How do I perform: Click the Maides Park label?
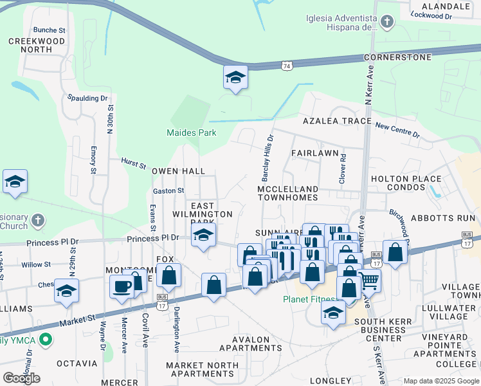coord(192,133)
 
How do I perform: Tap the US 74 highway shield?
coord(287,66)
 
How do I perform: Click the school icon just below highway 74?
coord(235,78)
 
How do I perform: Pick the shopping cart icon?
coord(369,280)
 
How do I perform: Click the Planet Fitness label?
coord(310,299)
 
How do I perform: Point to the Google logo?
coord(21,378)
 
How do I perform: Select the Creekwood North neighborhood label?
coord(37,46)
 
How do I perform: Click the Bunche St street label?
coord(50,30)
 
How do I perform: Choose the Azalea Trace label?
coord(338,121)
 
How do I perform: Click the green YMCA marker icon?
coord(45,338)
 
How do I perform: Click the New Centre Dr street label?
coord(397,131)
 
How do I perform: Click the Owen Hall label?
coord(178,172)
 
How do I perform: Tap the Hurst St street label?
coord(134,160)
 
